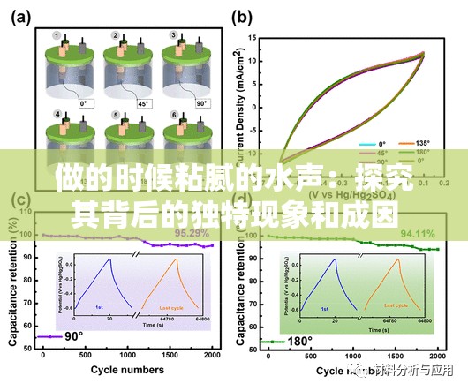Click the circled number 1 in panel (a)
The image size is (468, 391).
(x=57, y=36)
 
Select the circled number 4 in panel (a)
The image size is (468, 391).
(x=57, y=115)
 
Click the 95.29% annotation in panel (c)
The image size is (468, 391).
(x=192, y=233)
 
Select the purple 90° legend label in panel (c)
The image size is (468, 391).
(x=72, y=336)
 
